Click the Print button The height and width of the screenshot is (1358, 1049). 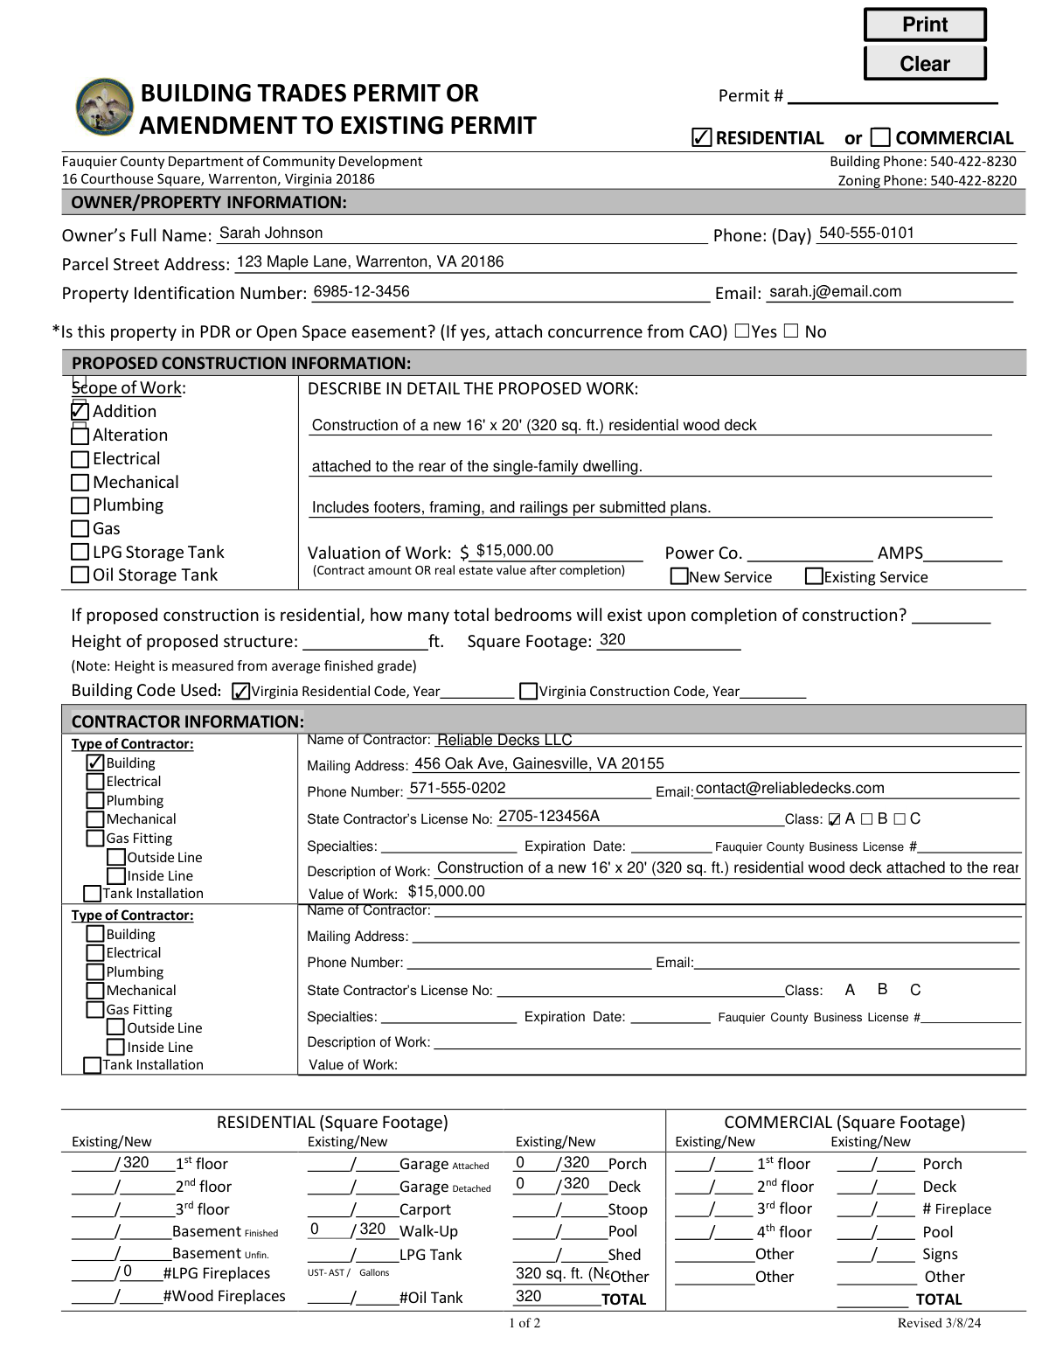click(924, 24)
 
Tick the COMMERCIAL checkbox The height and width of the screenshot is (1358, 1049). click(881, 137)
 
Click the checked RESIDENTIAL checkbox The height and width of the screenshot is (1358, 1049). click(700, 137)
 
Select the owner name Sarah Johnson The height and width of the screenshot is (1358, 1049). click(270, 233)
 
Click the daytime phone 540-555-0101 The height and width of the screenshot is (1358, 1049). click(866, 233)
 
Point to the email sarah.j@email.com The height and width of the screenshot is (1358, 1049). click(835, 292)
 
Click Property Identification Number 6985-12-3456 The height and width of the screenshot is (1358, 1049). click(361, 292)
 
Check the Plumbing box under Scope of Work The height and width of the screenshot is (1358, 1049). click(80, 505)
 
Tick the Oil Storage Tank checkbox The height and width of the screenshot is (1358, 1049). click(80, 575)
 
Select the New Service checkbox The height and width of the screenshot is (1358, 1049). click(678, 576)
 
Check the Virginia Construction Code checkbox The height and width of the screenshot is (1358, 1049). click(528, 692)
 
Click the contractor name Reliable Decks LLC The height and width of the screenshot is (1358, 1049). click(504, 741)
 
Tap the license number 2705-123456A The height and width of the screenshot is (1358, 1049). click(548, 817)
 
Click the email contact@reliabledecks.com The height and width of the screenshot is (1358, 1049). click(789, 789)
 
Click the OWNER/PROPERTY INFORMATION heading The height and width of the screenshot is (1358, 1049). click(209, 203)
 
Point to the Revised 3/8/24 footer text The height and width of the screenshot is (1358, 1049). click(939, 1323)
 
